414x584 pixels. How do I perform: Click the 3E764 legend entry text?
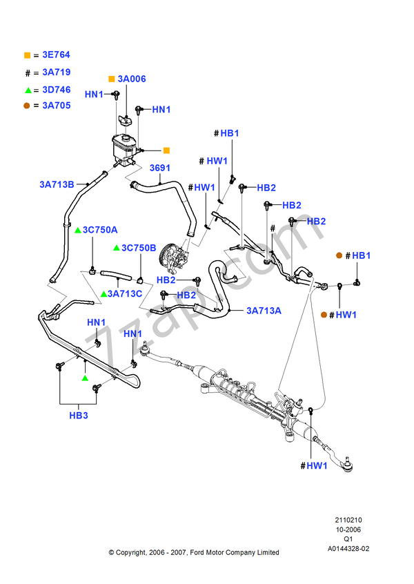pyautogui.click(x=56, y=55)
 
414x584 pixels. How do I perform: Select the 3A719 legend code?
pyautogui.click(x=56, y=72)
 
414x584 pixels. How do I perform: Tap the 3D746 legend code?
pyautogui.click(x=56, y=89)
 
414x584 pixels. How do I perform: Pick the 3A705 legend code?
pyautogui.click(x=56, y=106)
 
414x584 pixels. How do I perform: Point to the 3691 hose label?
pyautogui.click(x=160, y=168)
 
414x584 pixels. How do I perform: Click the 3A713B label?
pyautogui.click(x=57, y=184)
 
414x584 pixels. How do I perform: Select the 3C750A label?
pyautogui.click(x=100, y=230)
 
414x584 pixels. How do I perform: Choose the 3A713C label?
pyautogui.click(x=124, y=294)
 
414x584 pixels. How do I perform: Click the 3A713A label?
pyautogui.click(x=264, y=311)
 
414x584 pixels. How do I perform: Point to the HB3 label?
pyautogui.click(x=79, y=416)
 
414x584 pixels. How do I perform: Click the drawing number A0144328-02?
pyautogui.click(x=348, y=549)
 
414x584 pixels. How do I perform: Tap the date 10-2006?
pyautogui.click(x=348, y=529)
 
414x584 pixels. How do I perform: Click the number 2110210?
pyautogui.click(x=348, y=520)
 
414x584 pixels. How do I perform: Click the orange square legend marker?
pyautogui.click(x=27, y=55)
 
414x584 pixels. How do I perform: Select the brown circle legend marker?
pyautogui.click(x=27, y=106)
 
